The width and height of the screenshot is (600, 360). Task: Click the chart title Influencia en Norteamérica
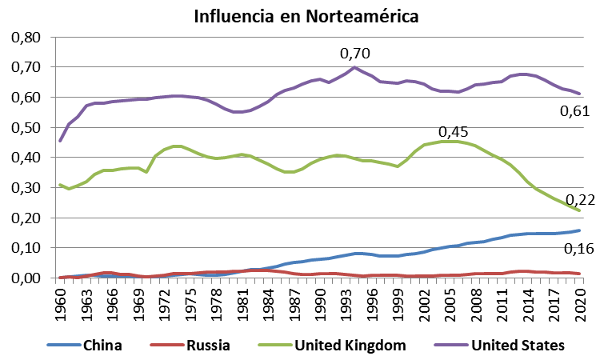pos(306,16)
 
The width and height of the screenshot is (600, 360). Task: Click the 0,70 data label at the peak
pos(355,54)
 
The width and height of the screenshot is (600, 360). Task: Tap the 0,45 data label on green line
pos(454,131)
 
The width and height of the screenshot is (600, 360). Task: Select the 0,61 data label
pos(573,111)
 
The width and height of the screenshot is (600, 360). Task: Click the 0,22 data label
pos(580,200)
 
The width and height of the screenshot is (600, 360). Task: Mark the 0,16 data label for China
pos(577,250)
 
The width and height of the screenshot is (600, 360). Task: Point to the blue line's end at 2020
pos(580,230)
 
